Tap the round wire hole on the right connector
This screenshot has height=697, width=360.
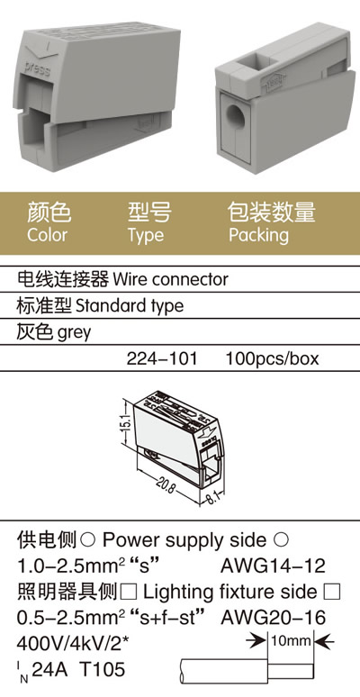point(236,114)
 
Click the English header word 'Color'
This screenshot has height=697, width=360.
point(47,235)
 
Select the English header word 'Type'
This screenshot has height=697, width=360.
point(146,236)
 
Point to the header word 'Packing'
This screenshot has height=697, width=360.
point(258,236)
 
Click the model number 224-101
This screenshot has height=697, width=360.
point(162,358)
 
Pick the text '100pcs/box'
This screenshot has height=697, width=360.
point(272,358)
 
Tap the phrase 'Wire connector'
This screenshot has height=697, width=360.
point(170,279)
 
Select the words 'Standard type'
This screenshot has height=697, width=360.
point(130,306)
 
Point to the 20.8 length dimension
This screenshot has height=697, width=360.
point(166,484)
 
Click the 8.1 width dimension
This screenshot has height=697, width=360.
point(211,496)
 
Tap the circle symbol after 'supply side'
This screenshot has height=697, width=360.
point(281,539)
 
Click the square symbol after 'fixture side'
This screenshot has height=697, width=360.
point(332,593)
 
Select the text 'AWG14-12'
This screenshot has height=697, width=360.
point(273,566)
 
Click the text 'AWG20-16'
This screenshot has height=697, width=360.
point(273,618)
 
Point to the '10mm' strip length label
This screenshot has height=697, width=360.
point(291,641)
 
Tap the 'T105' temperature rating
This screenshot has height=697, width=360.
point(103,669)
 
